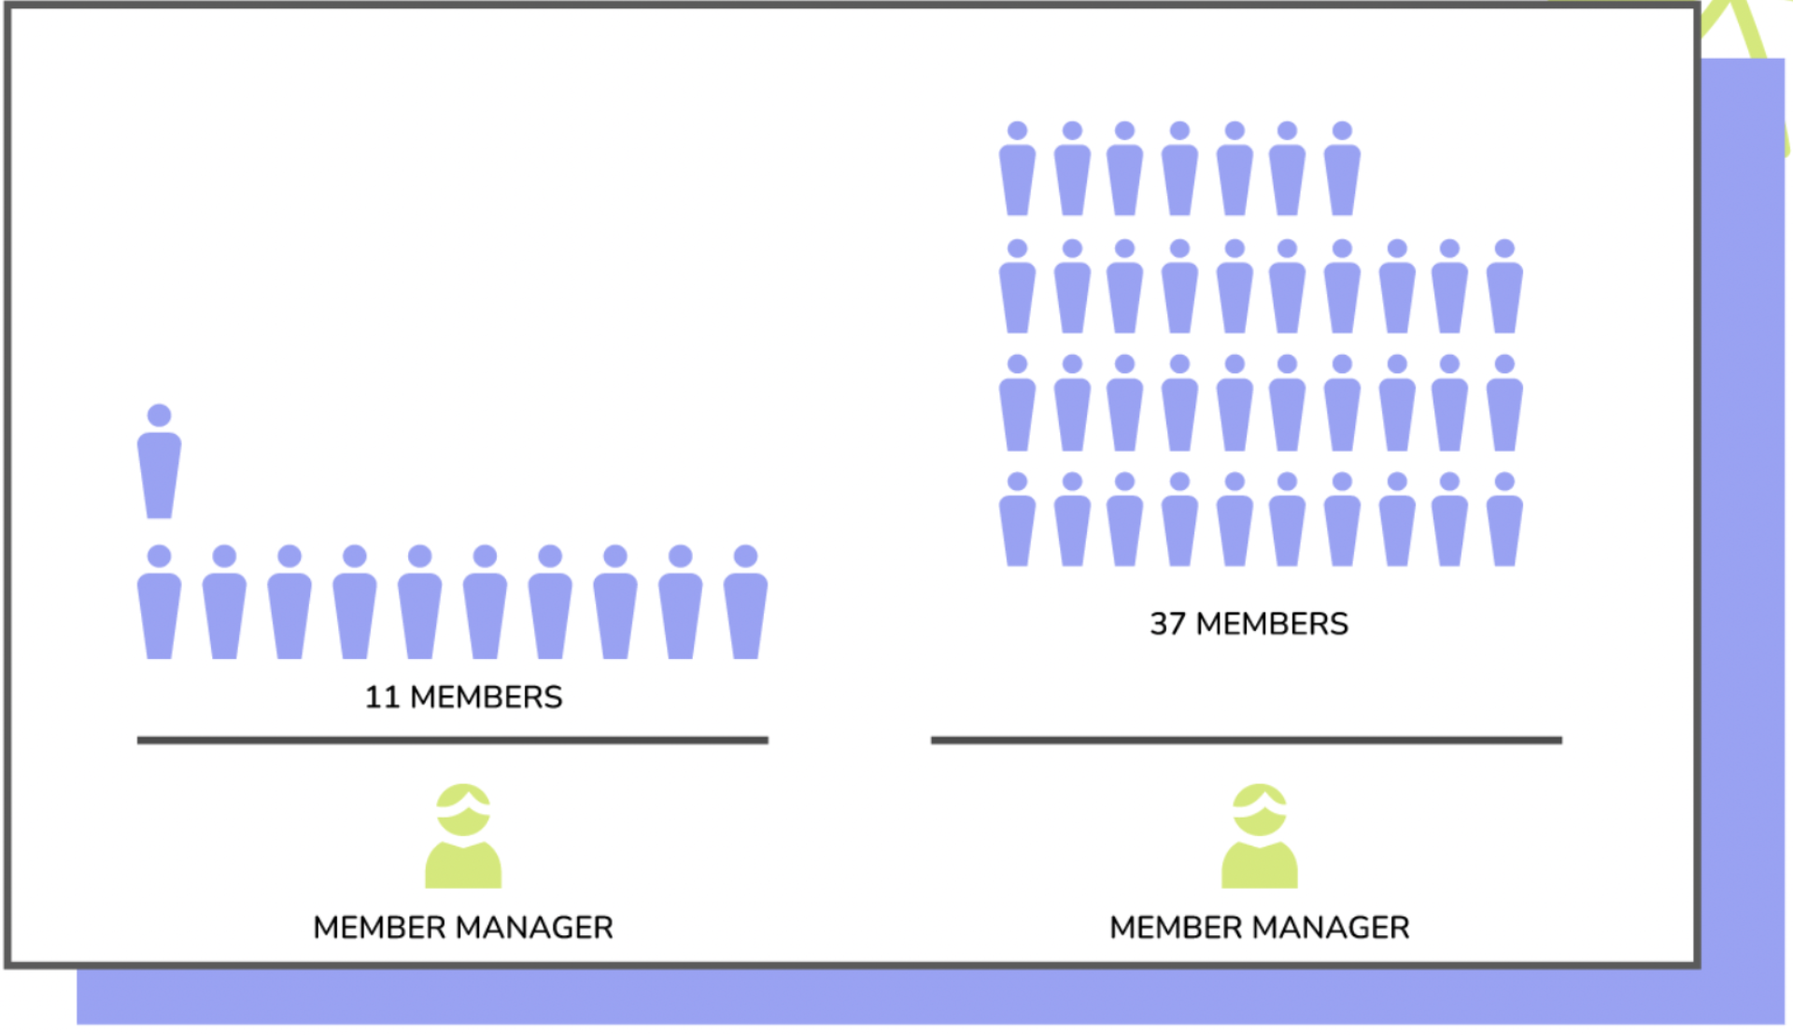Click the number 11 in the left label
click(381, 697)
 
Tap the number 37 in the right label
click(1167, 623)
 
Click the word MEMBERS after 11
click(486, 697)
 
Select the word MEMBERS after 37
click(1272, 623)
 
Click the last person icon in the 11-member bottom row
click(745, 607)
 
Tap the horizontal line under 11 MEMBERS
click(452, 740)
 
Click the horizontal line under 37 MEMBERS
click(1246, 740)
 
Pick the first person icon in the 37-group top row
click(1017, 173)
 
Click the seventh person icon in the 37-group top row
click(1342, 173)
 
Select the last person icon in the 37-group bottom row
click(1504, 523)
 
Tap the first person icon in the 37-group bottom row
click(1017, 523)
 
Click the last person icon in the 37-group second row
click(1504, 289)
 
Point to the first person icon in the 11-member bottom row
click(160, 607)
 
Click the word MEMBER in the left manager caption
click(379, 928)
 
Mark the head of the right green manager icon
click(1259, 809)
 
